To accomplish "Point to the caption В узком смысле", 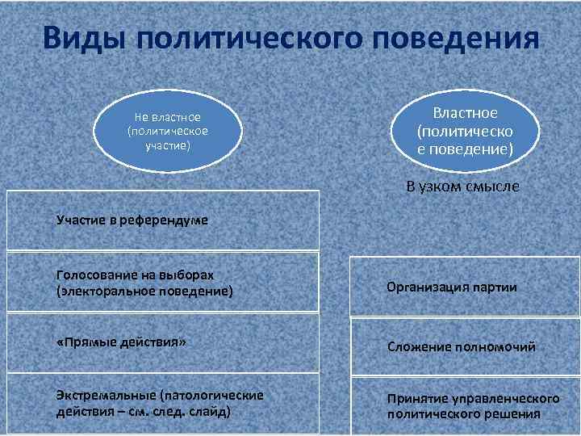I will point(463,187).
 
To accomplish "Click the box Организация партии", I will point(465,287).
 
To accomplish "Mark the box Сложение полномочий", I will point(465,347).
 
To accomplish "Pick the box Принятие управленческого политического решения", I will point(465,406).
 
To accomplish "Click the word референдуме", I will point(170,220).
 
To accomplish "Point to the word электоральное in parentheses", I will point(122,291).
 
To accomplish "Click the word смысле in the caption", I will point(491,187).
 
